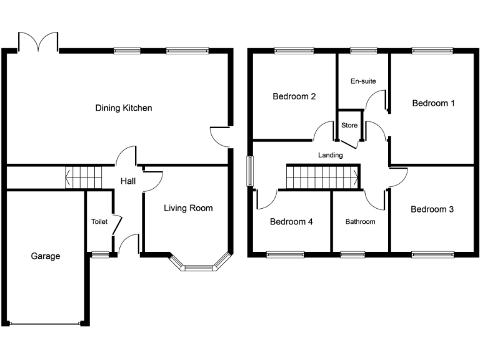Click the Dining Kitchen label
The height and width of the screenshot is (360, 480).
click(123, 108)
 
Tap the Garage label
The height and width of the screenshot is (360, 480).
click(46, 256)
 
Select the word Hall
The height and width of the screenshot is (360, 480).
click(128, 181)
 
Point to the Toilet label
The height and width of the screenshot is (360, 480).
click(99, 221)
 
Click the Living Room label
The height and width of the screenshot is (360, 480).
click(188, 208)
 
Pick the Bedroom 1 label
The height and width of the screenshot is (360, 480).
click(433, 103)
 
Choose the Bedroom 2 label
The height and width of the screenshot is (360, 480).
click(294, 96)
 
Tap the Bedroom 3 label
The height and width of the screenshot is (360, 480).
click(432, 209)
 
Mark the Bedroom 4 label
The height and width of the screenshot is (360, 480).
click(291, 221)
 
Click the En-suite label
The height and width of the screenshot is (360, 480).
click(362, 81)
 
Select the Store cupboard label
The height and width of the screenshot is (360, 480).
click(349, 126)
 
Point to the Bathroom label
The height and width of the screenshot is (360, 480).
click(360, 221)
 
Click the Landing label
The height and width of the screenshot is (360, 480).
click(330, 155)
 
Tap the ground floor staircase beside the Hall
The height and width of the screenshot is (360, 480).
click(84, 177)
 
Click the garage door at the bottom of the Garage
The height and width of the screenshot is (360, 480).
click(46, 323)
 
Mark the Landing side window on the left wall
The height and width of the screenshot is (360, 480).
click(251, 171)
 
